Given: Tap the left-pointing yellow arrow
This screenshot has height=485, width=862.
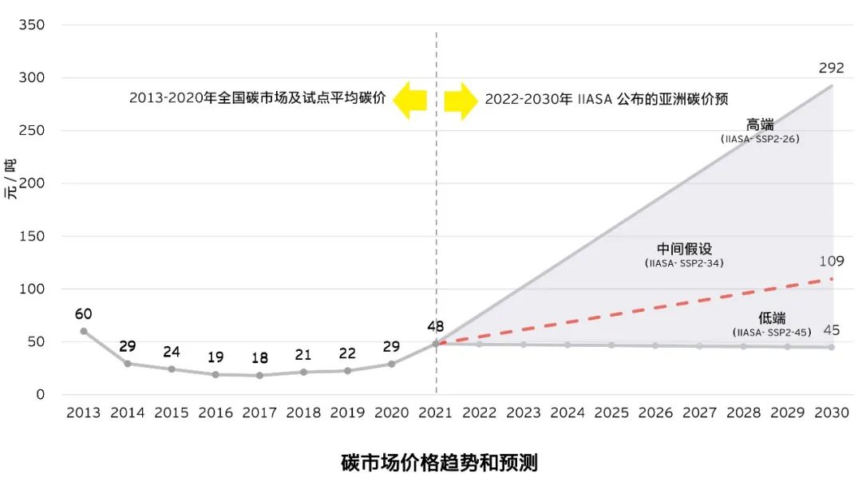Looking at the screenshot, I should click(413, 100).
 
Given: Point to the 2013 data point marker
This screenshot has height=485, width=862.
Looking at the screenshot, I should click(84, 331).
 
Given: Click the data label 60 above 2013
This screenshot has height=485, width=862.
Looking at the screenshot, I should click(84, 313).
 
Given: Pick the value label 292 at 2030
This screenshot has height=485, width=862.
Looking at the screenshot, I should click(831, 68).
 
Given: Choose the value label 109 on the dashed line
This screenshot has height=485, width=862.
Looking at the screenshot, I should click(831, 261).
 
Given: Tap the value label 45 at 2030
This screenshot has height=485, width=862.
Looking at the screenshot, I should click(831, 329).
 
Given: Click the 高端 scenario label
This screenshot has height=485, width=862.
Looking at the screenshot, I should click(760, 125).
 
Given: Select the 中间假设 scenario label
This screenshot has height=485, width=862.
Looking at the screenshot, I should click(684, 249).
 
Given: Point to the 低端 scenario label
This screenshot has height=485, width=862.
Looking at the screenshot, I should click(772, 318).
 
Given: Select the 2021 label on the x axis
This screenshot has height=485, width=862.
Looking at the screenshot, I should click(436, 412).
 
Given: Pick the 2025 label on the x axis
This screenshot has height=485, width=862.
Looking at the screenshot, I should click(611, 412).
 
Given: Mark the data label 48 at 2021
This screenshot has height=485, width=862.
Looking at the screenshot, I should click(436, 325).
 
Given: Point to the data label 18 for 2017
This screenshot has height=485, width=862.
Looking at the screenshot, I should click(259, 357).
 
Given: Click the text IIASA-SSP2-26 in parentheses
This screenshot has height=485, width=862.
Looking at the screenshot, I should click(760, 139).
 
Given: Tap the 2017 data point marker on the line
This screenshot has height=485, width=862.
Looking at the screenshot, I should click(259, 375).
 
